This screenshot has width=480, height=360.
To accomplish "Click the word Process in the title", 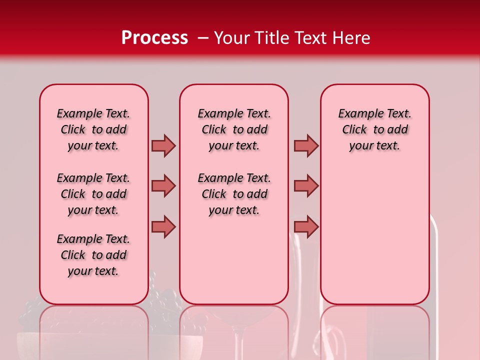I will pyautogui.click(x=154, y=38).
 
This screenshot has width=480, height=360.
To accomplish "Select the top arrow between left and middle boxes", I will pyautogui.click(x=163, y=145).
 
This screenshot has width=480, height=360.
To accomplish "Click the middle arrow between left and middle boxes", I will pyautogui.click(x=163, y=186).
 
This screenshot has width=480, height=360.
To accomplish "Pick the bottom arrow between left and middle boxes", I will pyautogui.click(x=163, y=226).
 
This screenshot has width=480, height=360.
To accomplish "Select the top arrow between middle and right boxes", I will pyautogui.click(x=306, y=145).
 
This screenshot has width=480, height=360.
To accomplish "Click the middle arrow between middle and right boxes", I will pyautogui.click(x=306, y=186).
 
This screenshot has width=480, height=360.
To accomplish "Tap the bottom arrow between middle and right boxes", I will pyautogui.click(x=306, y=226).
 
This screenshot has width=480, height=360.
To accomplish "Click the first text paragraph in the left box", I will pyautogui.click(x=93, y=129).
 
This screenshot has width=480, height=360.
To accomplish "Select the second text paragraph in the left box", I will pyautogui.click(x=93, y=194).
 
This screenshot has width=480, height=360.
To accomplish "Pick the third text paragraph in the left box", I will pyautogui.click(x=93, y=255).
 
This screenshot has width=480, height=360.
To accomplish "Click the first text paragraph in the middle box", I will pyautogui.click(x=234, y=129).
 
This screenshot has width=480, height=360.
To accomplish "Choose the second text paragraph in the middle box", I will pyautogui.click(x=234, y=194).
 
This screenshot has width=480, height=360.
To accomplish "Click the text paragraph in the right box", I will pyautogui.click(x=374, y=129).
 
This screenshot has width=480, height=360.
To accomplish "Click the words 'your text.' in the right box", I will pyautogui.click(x=374, y=146).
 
